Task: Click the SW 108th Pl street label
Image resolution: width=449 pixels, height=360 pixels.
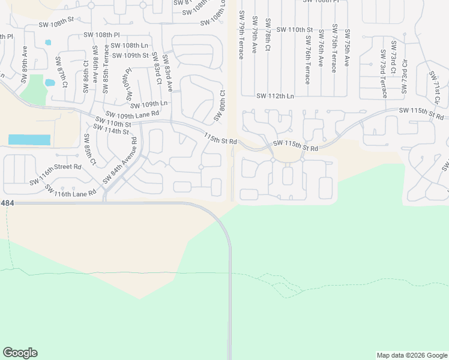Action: tap(101, 35)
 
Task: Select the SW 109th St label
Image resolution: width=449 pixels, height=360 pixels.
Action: tap(131, 55)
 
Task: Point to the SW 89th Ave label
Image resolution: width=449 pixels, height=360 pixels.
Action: tap(25, 61)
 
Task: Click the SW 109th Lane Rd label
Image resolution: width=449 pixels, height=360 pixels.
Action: tap(131, 113)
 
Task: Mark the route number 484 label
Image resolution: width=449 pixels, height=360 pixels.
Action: tap(7, 204)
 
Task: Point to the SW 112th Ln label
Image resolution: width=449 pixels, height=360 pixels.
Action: tap(275, 96)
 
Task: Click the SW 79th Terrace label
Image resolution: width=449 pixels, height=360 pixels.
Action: tap(241, 35)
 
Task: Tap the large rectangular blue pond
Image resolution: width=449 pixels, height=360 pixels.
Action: tap(29, 140)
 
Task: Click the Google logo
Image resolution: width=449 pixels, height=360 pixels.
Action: tap(20, 353)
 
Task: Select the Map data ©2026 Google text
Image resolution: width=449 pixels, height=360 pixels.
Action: tap(411, 355)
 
